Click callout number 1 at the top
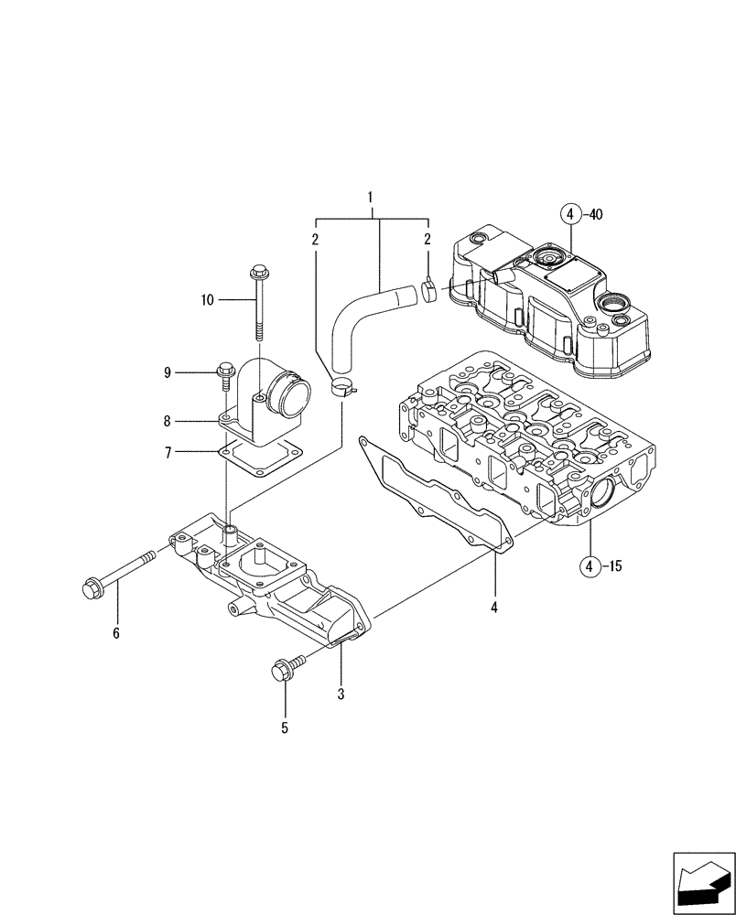tap(371, 197)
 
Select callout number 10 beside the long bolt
tap(208, 298)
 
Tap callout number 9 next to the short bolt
tap(168, 371)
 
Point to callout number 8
tap(168, 422)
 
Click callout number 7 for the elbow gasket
tap(168, 451)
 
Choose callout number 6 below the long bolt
tap(116, 631)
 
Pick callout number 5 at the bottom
tap(285, 728)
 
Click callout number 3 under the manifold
tap(341, 694)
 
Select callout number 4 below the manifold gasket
tap(493, 606)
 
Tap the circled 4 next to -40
tap(569, 216)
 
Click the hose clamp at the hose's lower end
tap(341, 389)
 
